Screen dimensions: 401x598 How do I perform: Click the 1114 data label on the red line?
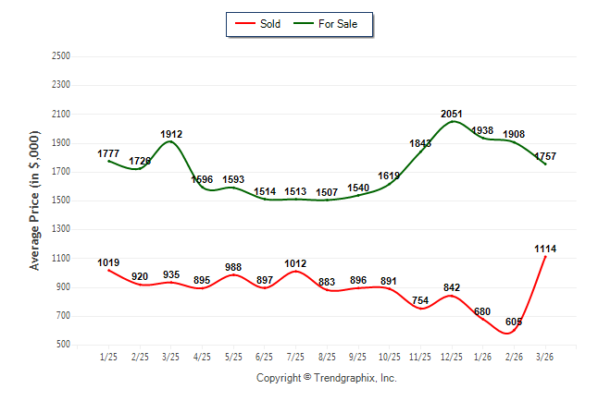545,249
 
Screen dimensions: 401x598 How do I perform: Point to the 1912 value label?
171,134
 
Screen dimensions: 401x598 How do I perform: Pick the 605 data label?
515,322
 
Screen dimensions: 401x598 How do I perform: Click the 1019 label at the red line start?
109,262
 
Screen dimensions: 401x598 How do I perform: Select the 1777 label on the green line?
109,153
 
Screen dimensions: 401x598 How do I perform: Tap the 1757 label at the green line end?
545,155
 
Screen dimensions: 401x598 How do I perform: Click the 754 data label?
420,299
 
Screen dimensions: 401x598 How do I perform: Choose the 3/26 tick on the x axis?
545,357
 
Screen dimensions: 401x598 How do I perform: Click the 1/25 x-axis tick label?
109,357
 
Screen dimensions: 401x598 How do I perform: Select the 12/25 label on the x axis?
452,357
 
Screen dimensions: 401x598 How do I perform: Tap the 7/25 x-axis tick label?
296,357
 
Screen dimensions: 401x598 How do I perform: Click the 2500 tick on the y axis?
63,56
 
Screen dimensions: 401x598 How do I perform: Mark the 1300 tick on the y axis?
63,230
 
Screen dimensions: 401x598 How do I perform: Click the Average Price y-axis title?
35,200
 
